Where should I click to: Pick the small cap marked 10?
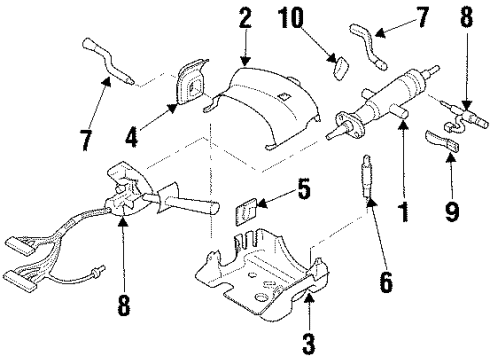[339, 67]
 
